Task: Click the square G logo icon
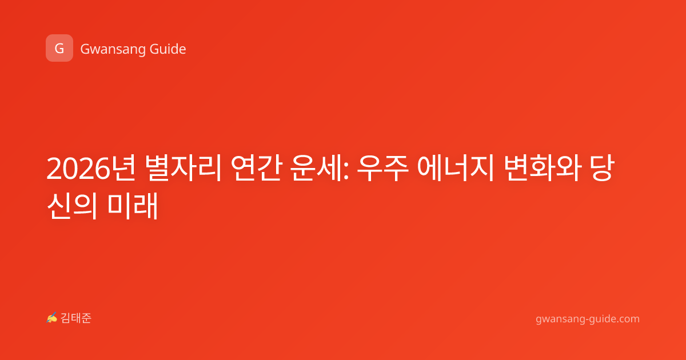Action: pyautogui.click(x=59, y=48)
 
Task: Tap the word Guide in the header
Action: pyautogui.click(x=167, y=49)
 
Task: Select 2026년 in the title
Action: pyautogui.click(x=91, y=168)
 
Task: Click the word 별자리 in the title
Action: pyautogui.click(x=183, y=168)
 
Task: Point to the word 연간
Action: pyautogui.click(x=256, y=168)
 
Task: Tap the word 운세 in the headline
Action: pyautogui.click(x=317, y=168)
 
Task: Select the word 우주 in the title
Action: pyautogui.click(x=383, y=168)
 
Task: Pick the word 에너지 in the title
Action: pyautogui.click(x=456, y=168)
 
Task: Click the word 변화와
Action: pyautogui.click(x=543, y=168)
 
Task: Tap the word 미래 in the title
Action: pyautogui.click(x=133, y=206)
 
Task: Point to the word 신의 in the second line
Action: pyautogui.click(x=73, y=206)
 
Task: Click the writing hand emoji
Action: pyautogui.click(x=52, y=318)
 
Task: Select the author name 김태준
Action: pyautogui.click(x=76, y=318)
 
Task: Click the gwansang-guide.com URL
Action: pyautogui.click(x=588, y=319)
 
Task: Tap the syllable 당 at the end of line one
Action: pyautogui.click(x=603, y=168)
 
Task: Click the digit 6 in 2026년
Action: pyautogui.click(x=102, y=168)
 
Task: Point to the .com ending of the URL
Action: pyautogui.click(x=627, y=319)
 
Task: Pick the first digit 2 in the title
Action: pyautogui.click(x=54, y=168)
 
